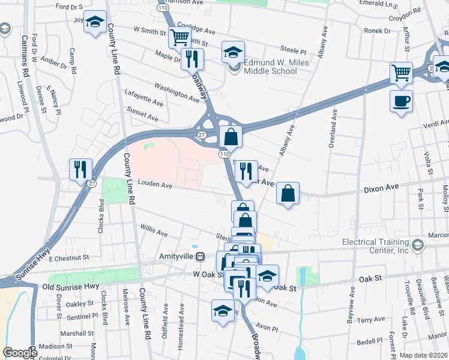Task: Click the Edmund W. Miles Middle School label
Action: click(270, 67)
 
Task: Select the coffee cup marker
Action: click(401, 100)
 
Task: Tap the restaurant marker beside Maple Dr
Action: click(192, 59)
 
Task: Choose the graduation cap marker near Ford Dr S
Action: click(95, 23)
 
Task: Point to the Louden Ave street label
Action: click(155, 185)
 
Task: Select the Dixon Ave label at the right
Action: click(381, 188)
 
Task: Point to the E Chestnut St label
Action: click(69, 257)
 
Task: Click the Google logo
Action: click(20, 353)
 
